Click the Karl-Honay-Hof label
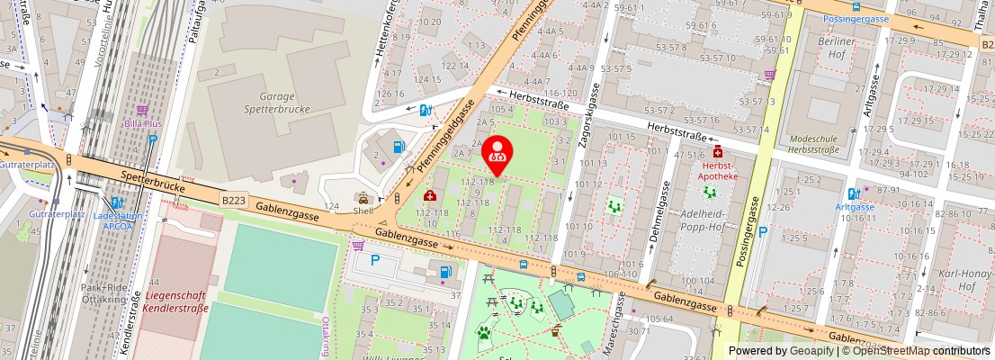pos(955,279)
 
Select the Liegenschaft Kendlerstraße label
pos(176,301)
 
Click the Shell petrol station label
pos(363,211)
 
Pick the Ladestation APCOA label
pos(118,222)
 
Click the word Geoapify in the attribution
pos(811,351)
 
